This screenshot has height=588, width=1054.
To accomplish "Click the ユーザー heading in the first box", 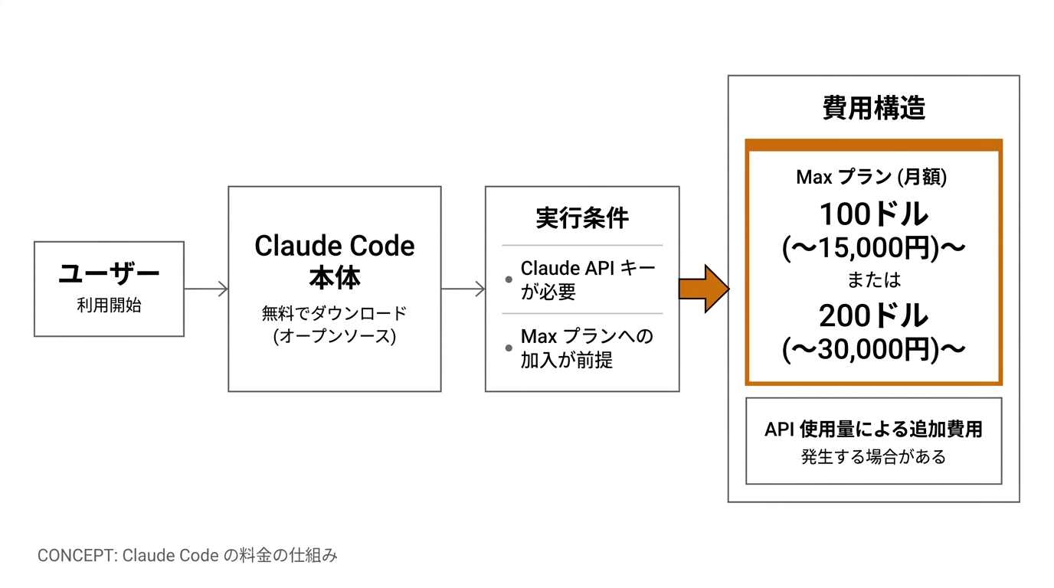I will [109, 274].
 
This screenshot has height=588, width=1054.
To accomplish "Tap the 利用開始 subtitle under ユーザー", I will [109, 305].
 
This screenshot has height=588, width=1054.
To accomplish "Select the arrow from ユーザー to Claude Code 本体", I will [206, 289].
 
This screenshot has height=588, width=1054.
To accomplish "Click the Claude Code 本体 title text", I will [335, 260].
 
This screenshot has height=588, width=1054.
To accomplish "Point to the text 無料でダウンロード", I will [335, 314].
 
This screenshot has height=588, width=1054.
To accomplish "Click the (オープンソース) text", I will [335, 336].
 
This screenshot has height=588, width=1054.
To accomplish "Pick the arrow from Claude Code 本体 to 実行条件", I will [463, 289].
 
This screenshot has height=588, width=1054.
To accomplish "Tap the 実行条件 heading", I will [582, 218].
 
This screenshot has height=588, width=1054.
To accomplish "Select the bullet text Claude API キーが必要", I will [588, 279].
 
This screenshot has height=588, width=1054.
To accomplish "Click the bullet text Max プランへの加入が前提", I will [587, 348].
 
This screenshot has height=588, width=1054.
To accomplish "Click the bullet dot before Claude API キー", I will [509, 280].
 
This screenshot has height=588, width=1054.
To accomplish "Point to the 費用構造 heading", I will [874, 108].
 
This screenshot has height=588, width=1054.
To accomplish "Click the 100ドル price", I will [873, 214].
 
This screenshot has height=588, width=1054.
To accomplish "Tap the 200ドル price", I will [873, 315].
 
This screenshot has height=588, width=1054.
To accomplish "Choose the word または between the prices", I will [873, 280].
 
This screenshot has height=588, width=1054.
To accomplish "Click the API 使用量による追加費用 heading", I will [873, 429].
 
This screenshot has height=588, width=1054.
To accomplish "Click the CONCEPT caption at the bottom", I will [188, 555].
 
